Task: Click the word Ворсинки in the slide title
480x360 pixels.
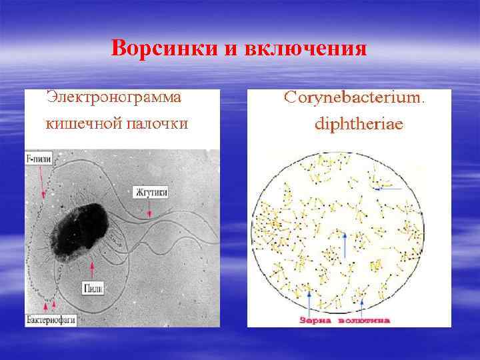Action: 161,49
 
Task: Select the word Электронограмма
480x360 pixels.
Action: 114,97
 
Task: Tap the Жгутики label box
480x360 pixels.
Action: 151,192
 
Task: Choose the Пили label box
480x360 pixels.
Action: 93,287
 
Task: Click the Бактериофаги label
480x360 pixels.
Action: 50,319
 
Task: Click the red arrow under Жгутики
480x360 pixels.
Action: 149,208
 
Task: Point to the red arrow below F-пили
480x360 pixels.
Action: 43,183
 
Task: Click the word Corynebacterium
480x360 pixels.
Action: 353,97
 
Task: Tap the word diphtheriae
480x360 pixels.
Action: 354,124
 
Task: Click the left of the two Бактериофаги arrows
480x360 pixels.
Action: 45,306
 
